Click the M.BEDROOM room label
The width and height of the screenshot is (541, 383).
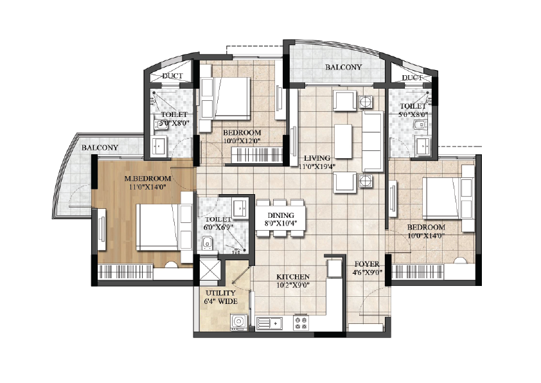pyautogui.click(x=148, y=179)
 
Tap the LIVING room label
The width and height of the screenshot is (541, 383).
pyautogui.click(x=317, y=158)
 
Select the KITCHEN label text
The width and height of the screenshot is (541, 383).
pyautogui.click(x=293, y=277)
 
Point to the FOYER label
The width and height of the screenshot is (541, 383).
pyautogui.click(x=367, y=264)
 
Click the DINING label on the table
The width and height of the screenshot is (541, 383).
pyautogui.click(x=281, y=216)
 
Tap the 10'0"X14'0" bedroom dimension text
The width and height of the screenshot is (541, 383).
pyautogui.click(x=426, y=236)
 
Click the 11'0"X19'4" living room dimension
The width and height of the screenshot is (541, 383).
pyautogui.click(x=317, y=166)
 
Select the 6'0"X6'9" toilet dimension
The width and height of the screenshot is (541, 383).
pyautogui.click(x=218, y=227)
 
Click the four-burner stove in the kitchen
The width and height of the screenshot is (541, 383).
pyautogui.click(x=301, y=323)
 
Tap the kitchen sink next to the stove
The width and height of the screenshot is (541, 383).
pyautogui.click(x=269, y=324)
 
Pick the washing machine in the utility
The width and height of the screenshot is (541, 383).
pyautogui.click(x=239, y=322)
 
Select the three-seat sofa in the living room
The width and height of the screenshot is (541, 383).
pyautogui.click(x=372, y=141)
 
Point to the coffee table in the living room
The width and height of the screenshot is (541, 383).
pyautogui.click(x=343, y=141)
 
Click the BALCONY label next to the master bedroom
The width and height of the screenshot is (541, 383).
pyautogui.click(x=100, y=148)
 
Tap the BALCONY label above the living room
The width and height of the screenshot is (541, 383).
pyautogui.click(x=343, y=67)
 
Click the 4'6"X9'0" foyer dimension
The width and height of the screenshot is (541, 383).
pyautogui.click(x=367, y=272)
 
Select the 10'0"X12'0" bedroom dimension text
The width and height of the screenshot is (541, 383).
pyautogui.click(x=242, y=141)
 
